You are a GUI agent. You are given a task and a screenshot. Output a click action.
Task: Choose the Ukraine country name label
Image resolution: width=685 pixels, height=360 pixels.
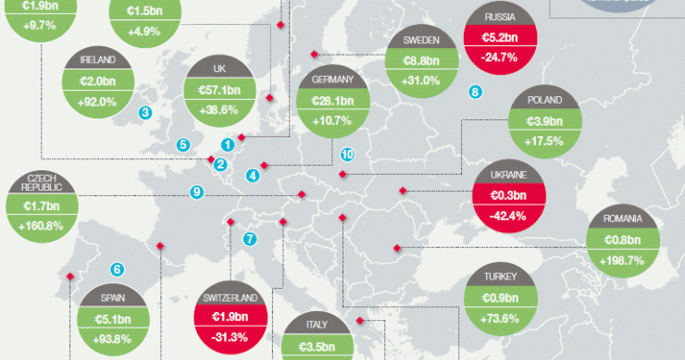pyautogui.click(x=508, y=175)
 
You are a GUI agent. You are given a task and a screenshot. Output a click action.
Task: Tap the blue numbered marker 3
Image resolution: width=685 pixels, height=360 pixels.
pyautogui.click(x=144, y=113)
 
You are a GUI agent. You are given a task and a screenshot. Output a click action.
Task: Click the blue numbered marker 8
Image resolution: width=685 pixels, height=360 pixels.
pyautogui.click(x=475, y=92)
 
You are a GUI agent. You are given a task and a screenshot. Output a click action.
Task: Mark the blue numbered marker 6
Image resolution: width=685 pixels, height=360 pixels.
pyautogui.click(x=118, y=270)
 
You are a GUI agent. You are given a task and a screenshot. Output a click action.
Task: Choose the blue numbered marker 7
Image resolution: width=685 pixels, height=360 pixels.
pyautogui.click(x=249, y=240)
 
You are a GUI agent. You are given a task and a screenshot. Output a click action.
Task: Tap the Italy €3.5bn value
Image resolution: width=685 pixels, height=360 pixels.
pyautogui.click(x=316, y=345)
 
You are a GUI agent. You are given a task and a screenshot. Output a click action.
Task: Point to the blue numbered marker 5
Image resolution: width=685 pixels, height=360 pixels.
pyautogui.click(x=183, y=144)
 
